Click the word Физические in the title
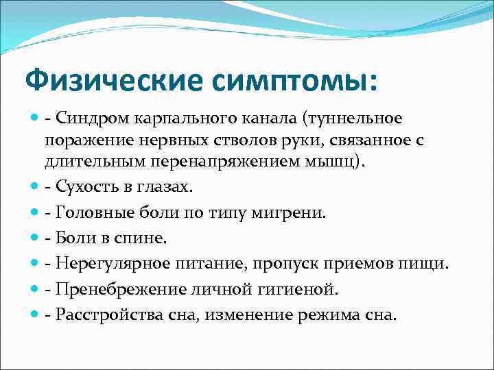(x=113, y=81)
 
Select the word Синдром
(x=88, y=119)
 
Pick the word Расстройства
(x=104, y=315)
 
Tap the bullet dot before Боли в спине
(x=34, y=238)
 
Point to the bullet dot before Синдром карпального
(x=34, y=119)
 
